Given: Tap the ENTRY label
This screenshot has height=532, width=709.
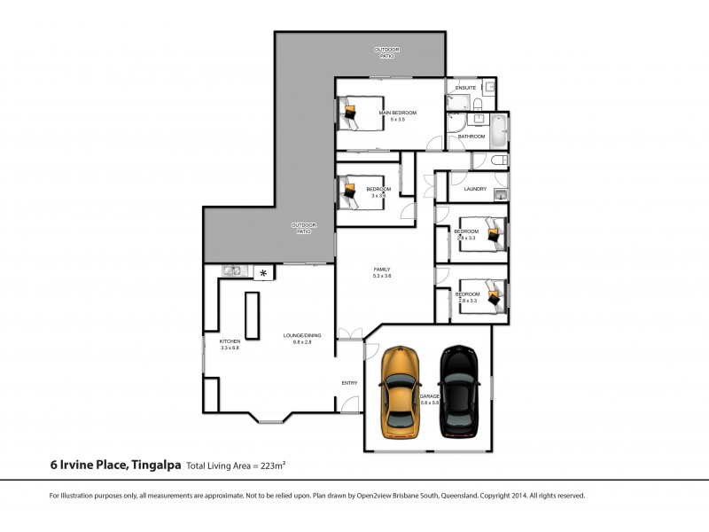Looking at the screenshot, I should click(x=349, y=383).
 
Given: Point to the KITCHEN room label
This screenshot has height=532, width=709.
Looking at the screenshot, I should click(x=230, y=341).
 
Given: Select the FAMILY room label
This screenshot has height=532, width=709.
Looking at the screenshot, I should click(x=382, y=270).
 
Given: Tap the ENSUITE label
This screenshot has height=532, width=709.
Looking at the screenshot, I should click(x=465, y=88).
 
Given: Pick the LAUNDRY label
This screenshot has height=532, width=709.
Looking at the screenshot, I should click(x=476, y=188).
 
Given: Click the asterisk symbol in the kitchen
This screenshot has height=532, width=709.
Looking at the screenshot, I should click(x=263, y=273).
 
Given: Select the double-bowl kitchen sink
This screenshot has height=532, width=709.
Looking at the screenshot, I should click(x=232, y=271).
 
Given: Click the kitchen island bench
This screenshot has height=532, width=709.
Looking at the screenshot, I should click(x=252, y=315).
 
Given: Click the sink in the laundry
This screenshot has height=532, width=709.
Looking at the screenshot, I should click(x=501, y=194).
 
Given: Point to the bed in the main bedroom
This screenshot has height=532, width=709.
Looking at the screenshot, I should click(x=359, y=113).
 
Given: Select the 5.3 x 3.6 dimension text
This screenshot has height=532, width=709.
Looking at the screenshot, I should click(x=382, y=277).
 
